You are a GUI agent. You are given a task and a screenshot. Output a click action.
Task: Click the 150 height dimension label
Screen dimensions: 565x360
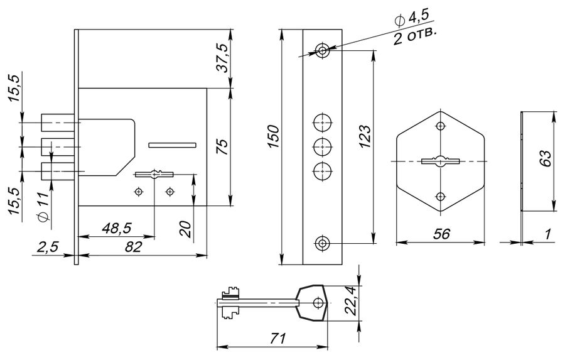pos(274,136)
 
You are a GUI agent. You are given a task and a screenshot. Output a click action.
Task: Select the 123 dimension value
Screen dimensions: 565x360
pos(365,136)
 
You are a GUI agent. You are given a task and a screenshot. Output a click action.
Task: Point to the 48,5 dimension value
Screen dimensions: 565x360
pos(116,228)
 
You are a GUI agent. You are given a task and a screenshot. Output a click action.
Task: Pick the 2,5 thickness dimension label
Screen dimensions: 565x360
pos(47,248)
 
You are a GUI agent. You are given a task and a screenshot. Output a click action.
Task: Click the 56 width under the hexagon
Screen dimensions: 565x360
pos(441,234)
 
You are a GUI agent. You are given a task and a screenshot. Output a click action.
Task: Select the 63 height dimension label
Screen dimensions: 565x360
pos(546,158)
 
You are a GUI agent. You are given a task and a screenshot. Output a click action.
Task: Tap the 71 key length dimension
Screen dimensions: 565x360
pos(278,339)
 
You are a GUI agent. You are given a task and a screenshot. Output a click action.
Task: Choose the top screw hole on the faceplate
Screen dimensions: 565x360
pos(322,50)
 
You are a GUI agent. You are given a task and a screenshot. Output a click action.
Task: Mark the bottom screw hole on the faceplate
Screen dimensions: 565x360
pos(322,243)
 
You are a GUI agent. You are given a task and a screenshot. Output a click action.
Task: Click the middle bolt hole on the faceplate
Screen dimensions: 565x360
pos(322,146)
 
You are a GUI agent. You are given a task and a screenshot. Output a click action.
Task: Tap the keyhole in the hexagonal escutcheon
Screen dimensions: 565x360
pos(440,161)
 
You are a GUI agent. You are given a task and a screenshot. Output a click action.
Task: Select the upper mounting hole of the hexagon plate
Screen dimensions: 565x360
pos(440,126)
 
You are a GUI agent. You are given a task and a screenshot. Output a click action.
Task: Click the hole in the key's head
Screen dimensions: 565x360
pos(318,302)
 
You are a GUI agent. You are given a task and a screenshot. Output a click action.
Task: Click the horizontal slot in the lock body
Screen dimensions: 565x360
pos(172,145)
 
